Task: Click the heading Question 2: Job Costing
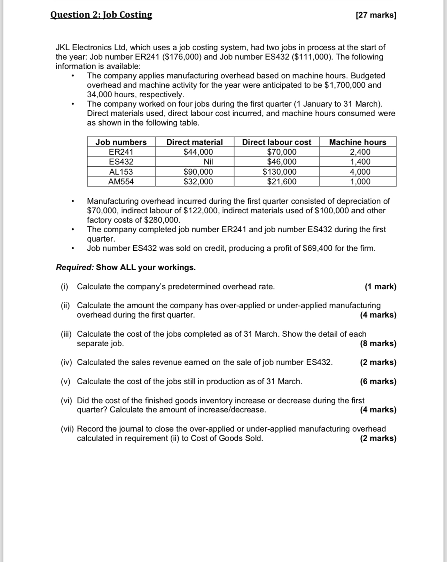(101, 15)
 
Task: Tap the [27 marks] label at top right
(376, 15)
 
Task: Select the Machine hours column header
(358, 142)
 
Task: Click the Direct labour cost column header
(276, 142)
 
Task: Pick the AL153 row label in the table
(121, 172)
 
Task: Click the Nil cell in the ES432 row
(208, 162)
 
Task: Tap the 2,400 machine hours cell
(360, 152)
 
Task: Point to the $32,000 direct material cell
(198, 182)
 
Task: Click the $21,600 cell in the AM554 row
(282, 182)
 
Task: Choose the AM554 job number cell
(121, 182)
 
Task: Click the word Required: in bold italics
(75, 267)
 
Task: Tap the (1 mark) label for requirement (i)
(380, 287)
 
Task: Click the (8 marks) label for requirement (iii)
(378, 343)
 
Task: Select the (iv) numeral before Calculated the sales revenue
(66, 362)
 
